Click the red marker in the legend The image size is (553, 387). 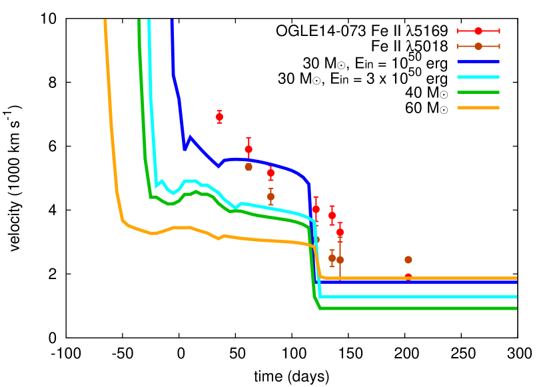coord(478,31)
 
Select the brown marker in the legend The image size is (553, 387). coord(478,46)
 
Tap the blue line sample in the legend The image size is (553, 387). coord(478,61)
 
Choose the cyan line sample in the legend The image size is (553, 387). coord(478,77)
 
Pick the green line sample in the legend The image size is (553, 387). coord(478,92)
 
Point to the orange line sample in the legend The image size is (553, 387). coord(478,107)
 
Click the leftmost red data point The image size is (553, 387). coord(219,117)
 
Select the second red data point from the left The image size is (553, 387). coord(249,149)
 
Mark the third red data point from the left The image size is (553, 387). coord(271,173)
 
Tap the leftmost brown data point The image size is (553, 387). coord(249,167)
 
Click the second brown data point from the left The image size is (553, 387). coord(271,196)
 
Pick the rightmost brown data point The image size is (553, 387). coord(408,260)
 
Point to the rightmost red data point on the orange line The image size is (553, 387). coord(408,277)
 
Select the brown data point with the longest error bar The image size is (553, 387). coord(340,260)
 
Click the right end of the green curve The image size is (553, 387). coord(516,308)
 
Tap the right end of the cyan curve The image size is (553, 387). coord(516,296)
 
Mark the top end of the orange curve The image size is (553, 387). coord(105,21)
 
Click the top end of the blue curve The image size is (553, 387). coord(172,21)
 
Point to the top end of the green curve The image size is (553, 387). coord(139,21)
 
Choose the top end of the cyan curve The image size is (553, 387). coord(149,21)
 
